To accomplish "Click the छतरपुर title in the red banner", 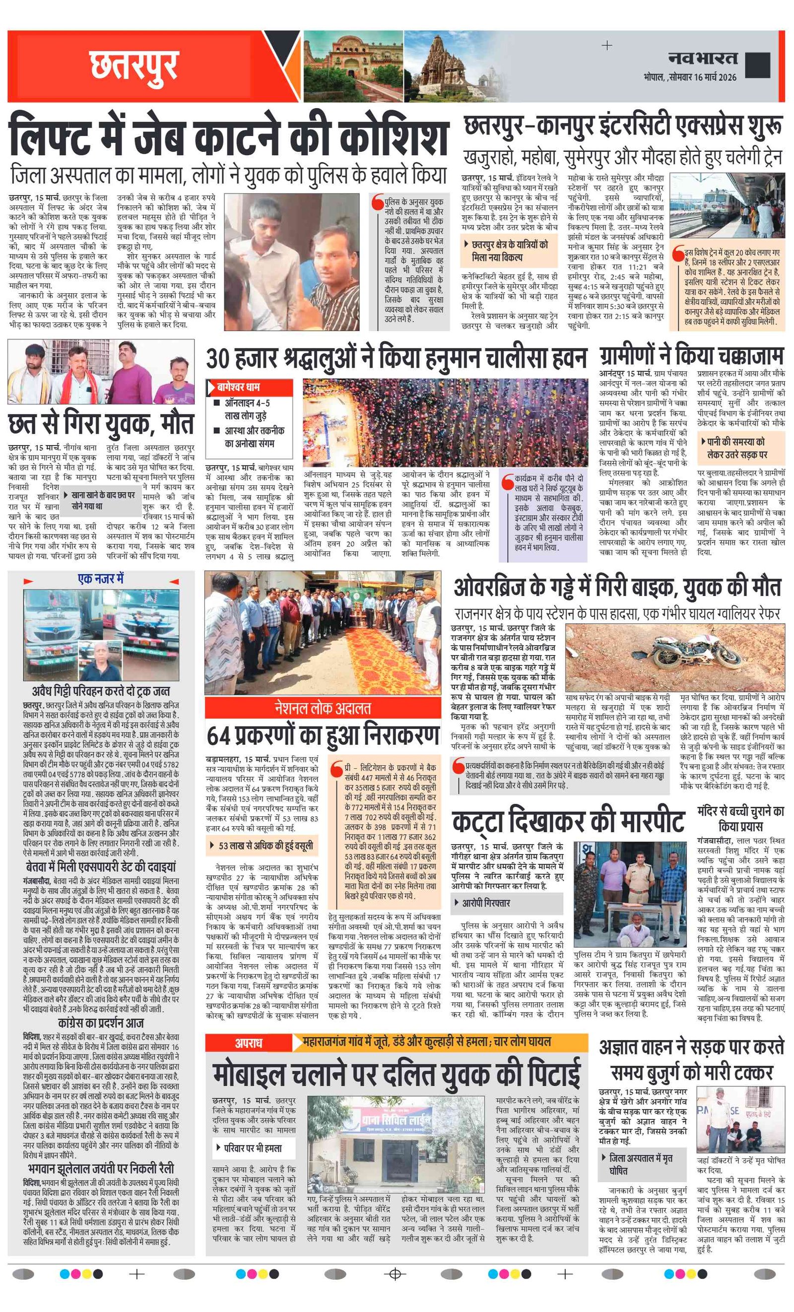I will click(x=133, y=66).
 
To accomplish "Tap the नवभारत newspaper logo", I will click(x=703, y=58).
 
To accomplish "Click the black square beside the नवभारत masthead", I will click(x=757, y=65).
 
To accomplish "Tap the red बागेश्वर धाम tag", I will click(x=249, y=387).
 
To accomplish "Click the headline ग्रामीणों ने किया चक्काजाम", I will click(x=691, y=356).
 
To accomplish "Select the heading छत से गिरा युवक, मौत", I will click(x=101, y=424).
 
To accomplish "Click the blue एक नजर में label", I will click(x=101, y=579).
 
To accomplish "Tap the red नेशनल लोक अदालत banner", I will click(x=323, y=708).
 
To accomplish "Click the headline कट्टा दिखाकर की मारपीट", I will click(x=568, y=822).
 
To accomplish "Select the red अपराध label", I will click(x=249, y=1043).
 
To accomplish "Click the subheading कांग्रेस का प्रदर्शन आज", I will click(x=101, y=1023).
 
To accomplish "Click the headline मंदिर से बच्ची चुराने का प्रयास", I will click(x=740, y=818).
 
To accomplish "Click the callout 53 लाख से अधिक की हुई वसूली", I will click(x=265, y=846).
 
